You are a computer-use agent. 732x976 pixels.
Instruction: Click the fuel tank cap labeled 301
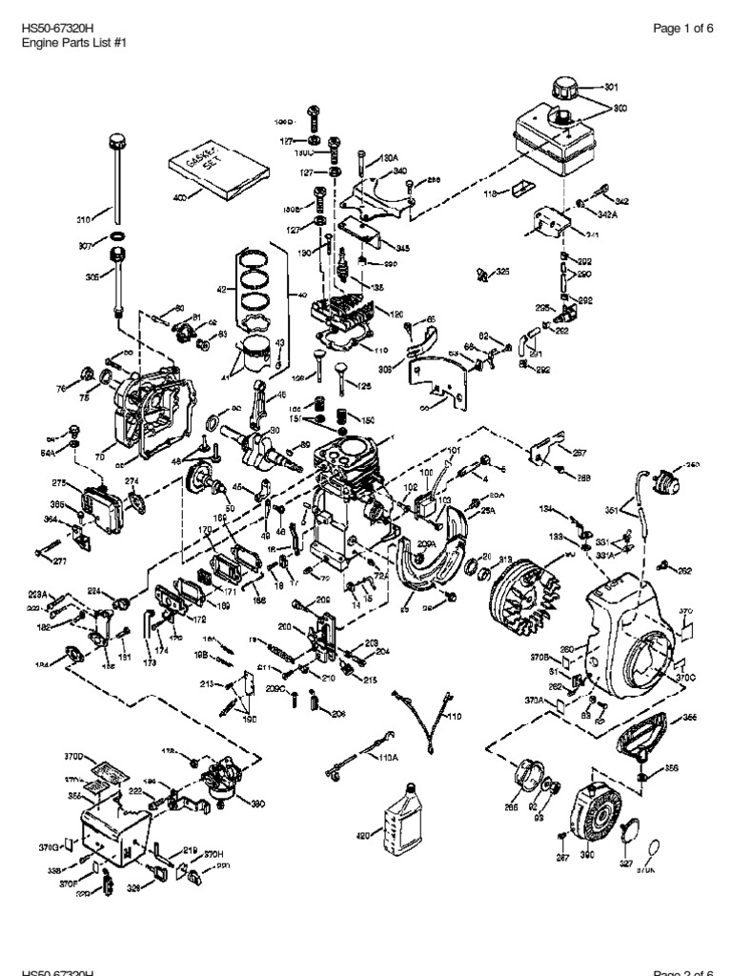click(572, 87)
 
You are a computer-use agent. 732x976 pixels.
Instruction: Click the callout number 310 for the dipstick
click(82, 218)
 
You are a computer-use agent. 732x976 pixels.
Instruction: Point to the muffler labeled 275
click(101, 500)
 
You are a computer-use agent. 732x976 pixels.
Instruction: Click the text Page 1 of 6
click(683, 28)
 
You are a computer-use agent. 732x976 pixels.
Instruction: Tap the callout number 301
click(611, 87)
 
